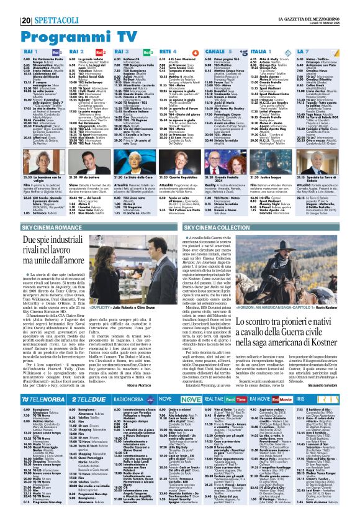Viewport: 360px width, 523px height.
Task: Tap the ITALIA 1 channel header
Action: (x=260, y=52)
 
